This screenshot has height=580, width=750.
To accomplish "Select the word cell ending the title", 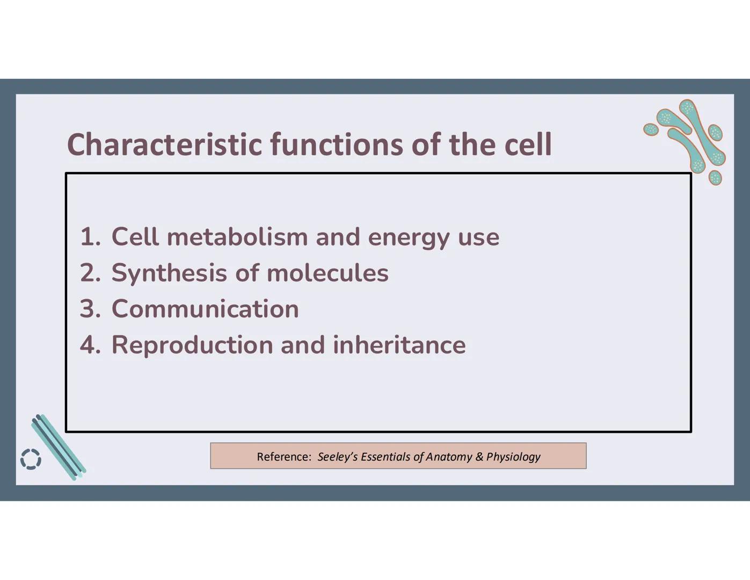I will click(528, 144).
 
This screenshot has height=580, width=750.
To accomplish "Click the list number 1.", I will click(89, 237).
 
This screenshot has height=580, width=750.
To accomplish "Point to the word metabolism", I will click(237, 237).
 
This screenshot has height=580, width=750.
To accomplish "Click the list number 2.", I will click(90, 273).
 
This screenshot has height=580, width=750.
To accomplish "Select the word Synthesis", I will click(169, 273).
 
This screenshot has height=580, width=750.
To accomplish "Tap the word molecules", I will click(327, 273).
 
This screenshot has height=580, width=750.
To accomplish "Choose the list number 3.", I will click(90, 309).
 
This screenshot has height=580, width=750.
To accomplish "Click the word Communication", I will click(205, 309).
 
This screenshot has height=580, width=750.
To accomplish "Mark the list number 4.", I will click(90, 345).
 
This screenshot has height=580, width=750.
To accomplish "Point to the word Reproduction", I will click(192, 345).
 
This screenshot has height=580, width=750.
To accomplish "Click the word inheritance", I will click(399, 345).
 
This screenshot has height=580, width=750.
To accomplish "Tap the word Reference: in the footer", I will click(284, 456).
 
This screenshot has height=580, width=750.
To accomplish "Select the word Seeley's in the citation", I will click(338, 456).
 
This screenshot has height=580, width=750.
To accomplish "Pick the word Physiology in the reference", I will click(513, 456).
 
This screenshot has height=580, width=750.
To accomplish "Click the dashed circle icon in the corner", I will click(31, 459).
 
